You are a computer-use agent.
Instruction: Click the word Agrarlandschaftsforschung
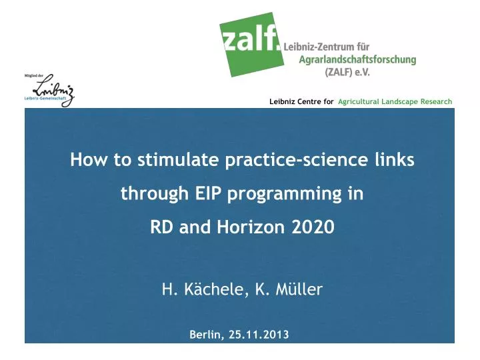(x=356, y=59)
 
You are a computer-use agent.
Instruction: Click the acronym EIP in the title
(x=207, y=195)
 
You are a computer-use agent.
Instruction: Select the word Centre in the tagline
(x=309, y=101)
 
